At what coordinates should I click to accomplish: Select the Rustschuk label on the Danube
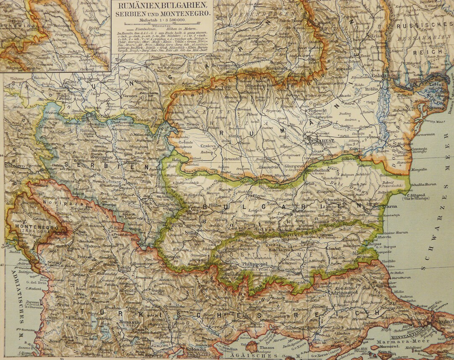click(x=323, y=170)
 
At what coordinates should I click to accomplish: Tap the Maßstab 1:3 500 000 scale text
click(x=162, y=19)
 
